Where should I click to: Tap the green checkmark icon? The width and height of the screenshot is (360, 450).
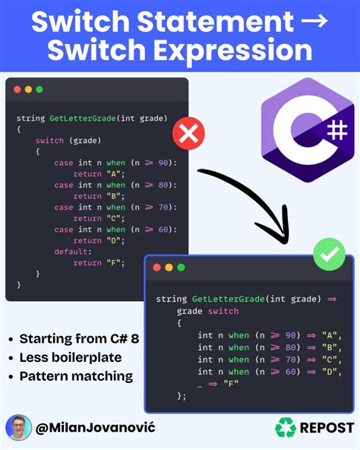click(x=329, y=258)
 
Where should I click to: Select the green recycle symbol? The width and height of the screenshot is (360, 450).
click(x=286, y=427)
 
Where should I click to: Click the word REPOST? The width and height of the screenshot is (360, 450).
click(x=327, y=427)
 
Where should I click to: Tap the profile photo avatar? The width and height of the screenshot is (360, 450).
click(x=18, y=427)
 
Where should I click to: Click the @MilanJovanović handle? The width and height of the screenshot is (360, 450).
click(x=96, y=427)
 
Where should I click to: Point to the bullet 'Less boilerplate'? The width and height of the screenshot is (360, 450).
click(x=71, y=357)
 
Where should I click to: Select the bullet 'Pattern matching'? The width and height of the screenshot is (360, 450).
click(x=76, y=376)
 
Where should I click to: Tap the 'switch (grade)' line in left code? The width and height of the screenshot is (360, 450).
click(x=68, y=141)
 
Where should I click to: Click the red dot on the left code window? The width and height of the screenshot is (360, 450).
click(x=17, y=89)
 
